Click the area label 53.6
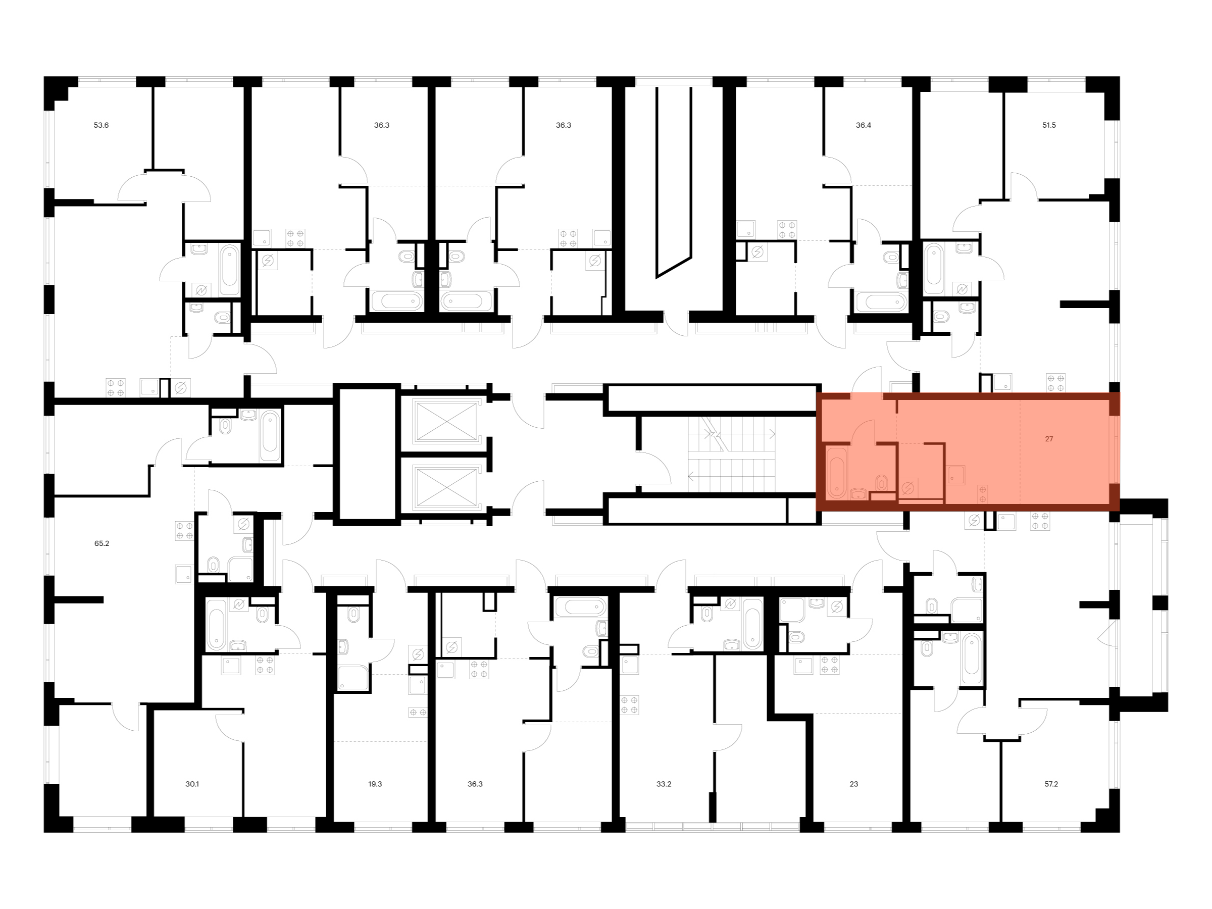(x=101, y=125)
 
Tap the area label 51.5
(x=1049, y=125)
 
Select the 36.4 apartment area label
(x=863, y=125)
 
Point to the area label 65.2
(x=102, y=543)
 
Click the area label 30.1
(x=192, y=784)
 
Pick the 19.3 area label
(x=375, y=784)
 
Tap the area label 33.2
(x=664, y=784)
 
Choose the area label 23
(x=853, y=784)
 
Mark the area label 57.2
(x=1051, y=784)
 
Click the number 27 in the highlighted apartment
(x=1049, y=439)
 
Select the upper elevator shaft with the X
(x=446, y=421)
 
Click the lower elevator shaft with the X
(x=446, y=486)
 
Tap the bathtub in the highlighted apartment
(x=836, y=472)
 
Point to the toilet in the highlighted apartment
(x=881, y=482)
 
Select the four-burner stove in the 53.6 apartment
(x=116, y=387)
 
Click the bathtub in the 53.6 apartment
(x=230, y=270)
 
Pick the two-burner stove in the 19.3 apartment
(x=418, y=712)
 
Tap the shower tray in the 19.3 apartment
(x=353, y=677)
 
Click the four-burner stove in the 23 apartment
(x=829, y=665)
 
